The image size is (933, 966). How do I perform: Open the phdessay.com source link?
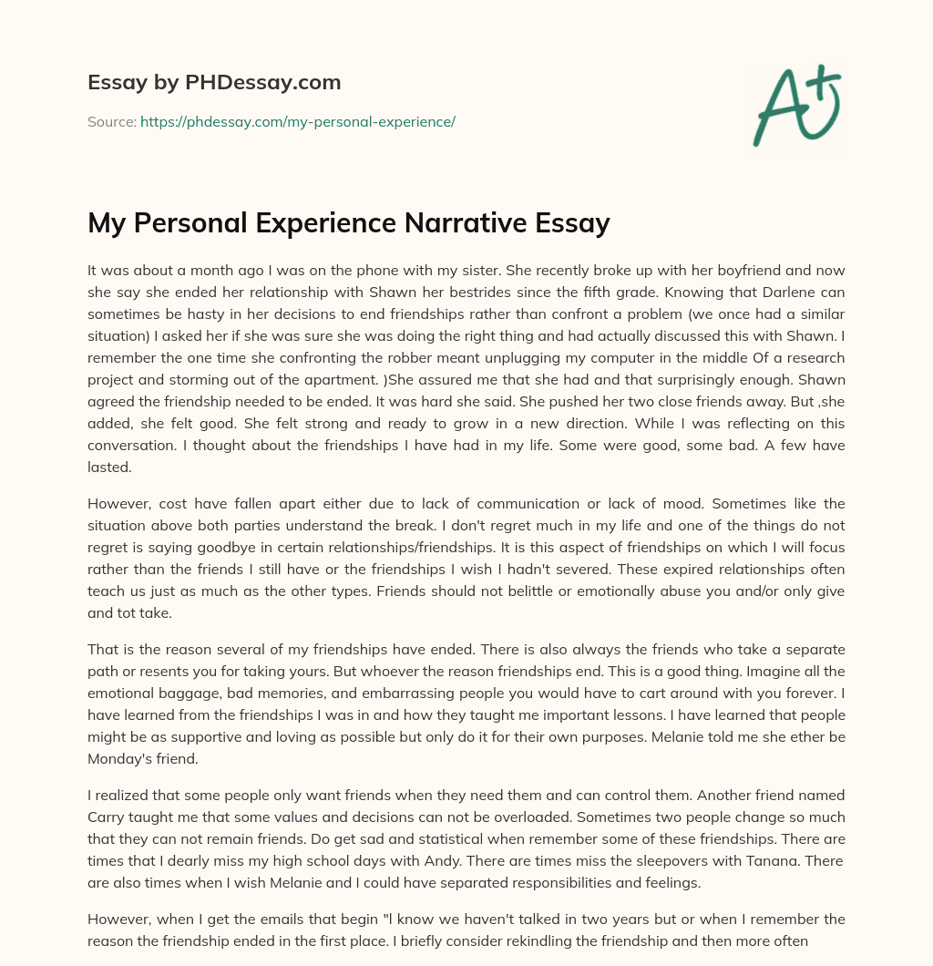point(297,121)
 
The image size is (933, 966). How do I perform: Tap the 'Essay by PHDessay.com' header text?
point(214,83)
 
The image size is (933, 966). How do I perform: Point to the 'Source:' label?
point(111,121)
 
